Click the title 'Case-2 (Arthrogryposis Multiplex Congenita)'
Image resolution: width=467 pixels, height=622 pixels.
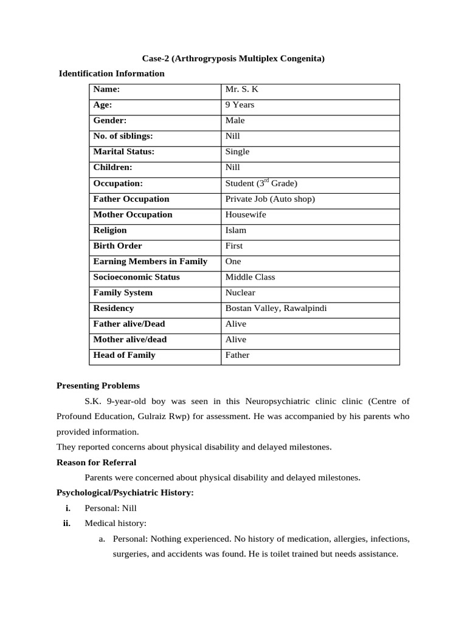coord(233,58)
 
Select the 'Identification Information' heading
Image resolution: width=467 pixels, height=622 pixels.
coord(111,73)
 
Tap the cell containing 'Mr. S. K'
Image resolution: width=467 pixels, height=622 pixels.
coord(242,89)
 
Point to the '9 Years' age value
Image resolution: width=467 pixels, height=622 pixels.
coord(240,104)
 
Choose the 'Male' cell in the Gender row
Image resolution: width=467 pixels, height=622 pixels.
coord(235,120)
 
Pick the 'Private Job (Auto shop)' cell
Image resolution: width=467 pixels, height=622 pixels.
coord(270,199)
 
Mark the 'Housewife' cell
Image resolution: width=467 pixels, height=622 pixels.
coord(246,214)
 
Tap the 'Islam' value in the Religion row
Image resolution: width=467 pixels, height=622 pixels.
coord(236,230)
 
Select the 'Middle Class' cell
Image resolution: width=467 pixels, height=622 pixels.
coord(250,277)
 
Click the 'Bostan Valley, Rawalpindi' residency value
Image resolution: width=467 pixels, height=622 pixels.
coord(276,309)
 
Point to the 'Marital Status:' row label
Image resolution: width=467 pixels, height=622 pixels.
coord(123,152)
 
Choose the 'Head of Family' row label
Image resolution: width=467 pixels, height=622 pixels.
coord(124,355)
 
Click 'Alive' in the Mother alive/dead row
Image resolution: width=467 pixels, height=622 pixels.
coord(236,340)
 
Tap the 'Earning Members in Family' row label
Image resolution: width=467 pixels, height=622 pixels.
coord(150,261)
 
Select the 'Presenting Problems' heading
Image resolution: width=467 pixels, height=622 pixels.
coord(98,386)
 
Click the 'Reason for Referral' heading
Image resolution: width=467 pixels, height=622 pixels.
coord(96,462)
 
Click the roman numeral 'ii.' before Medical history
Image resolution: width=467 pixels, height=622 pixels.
coord(67,523)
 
